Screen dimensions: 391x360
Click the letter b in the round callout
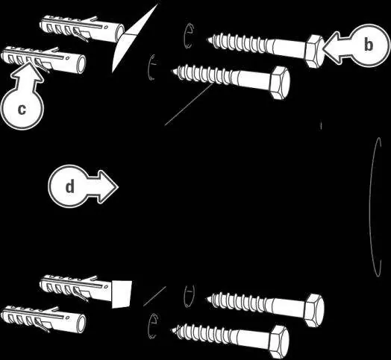(x=369, y=45)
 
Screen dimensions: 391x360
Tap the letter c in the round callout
(x=22, y=109)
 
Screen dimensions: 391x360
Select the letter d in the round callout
(x=70, y=186)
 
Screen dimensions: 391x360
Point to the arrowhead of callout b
(x=331, y=45)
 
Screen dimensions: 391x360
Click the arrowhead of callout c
(x=28, y=72)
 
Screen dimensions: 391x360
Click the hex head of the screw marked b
(x=314, y=51)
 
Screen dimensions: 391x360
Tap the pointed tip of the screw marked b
(x=207, y=39)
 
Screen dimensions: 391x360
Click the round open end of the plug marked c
(x=81, y=65)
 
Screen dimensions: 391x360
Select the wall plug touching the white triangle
(x=82, y=28)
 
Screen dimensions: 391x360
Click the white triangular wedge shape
(x=134, y=37)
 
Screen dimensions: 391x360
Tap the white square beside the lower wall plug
(x=122, y=294)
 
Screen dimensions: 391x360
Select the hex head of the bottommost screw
(x=281, y=342)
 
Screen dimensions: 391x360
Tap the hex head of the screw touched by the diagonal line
(x=281, y=83)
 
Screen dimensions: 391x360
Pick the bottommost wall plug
(x=43, y=320)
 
